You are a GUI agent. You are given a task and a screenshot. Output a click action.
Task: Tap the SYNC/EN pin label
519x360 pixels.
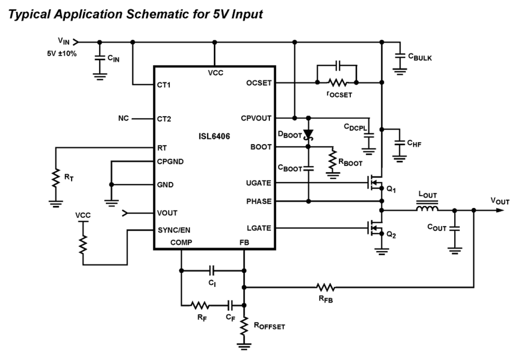[174, 230]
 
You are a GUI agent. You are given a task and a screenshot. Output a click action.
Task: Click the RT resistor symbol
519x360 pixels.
[54, 178]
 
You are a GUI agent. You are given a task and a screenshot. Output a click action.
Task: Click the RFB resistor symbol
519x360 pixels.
[326, 287]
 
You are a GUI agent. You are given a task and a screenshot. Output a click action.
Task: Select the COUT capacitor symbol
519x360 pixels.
[455, 228]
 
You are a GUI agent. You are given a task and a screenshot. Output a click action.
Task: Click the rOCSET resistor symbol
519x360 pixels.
[337, 83]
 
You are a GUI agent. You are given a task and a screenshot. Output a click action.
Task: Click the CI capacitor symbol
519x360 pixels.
[212, 271]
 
